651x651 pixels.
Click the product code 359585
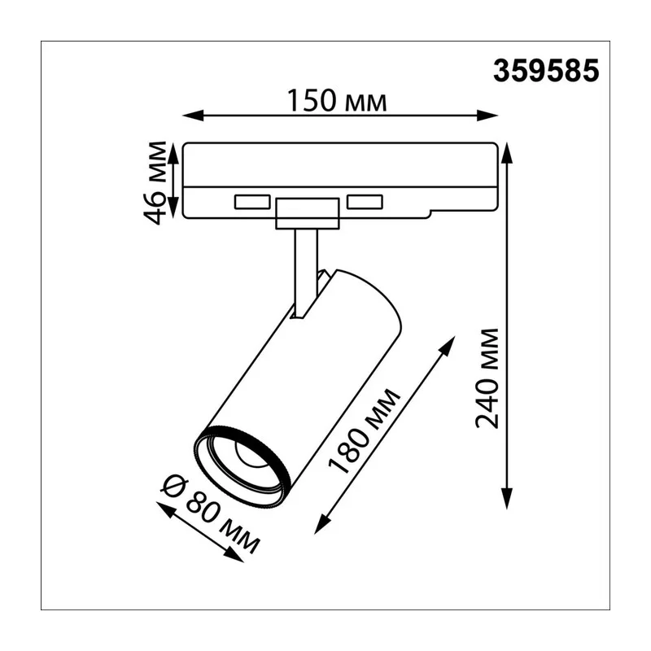tap(546, 70)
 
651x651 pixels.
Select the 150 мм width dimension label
tap(337, 101)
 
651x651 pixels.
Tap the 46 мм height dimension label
tap(155, 182)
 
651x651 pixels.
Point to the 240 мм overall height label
tap(487, 378)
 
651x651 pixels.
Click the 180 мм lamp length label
tap(365, 431)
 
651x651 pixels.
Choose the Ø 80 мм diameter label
tap(211, 515)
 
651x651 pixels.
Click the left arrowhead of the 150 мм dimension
tap(193, 116)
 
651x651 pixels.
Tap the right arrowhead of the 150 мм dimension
tap(487, 116)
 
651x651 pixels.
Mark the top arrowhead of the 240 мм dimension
tap(506, 153)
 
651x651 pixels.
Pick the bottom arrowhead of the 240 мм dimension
tap(506, 498)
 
